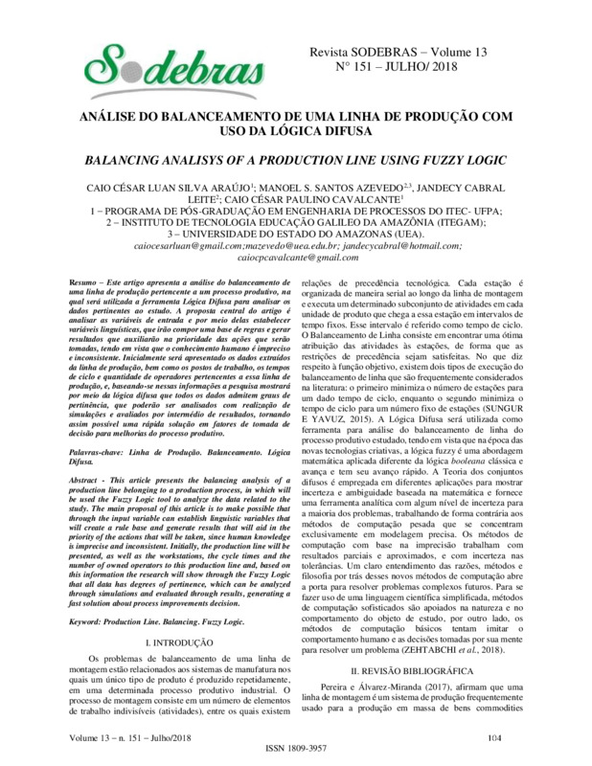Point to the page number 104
494,735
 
